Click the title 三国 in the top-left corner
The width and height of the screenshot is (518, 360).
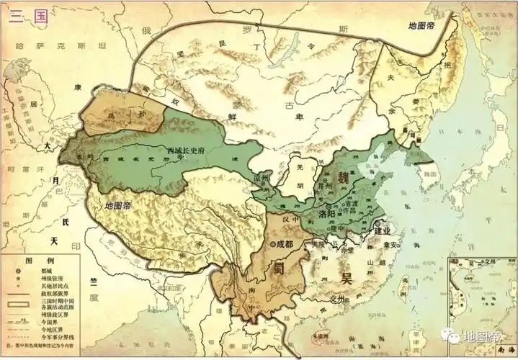[x=28, y=16]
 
